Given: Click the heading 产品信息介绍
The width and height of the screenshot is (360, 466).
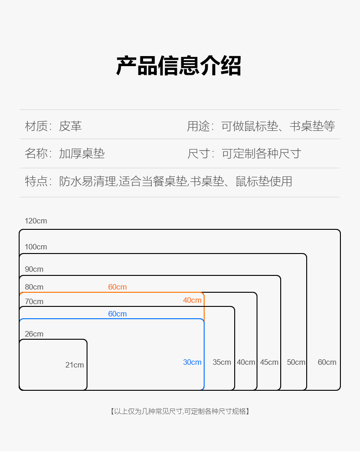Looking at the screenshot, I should [x=179, y=66].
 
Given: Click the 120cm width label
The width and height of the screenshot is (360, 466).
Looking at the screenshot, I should [x=36, y=221].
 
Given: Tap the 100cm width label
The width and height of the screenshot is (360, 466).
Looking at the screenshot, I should [x=36, y=247].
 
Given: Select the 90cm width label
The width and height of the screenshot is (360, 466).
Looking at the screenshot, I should [x=34, y=269].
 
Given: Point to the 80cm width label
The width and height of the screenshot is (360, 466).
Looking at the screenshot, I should [x=34, y=287].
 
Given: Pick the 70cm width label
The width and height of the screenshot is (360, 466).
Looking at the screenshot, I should [x=34, y=302].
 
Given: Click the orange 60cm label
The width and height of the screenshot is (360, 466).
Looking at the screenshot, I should [x=118, y=287].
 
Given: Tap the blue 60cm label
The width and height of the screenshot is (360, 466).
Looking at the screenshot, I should [x=118, y=314].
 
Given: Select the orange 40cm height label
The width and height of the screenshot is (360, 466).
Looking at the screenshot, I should [x=192, y=300].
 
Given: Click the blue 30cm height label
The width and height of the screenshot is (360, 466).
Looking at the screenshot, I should [x=192, y=362].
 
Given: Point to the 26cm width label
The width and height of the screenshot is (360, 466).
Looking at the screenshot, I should [x=34, y=334].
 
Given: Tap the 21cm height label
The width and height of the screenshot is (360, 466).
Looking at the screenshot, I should [x=75, y=365].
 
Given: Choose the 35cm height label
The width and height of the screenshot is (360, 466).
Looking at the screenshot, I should [x=222, y=362].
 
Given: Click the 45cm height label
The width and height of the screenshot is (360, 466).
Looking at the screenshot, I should [x=269, y=362].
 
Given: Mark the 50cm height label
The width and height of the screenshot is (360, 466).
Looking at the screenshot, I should [x=296, y=362].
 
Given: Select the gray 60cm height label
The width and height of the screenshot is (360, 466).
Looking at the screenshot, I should [x=327, y=362].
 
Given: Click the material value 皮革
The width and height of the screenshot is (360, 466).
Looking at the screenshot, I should [x=70, y=126].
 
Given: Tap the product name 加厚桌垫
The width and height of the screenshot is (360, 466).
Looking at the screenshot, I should [x=82, y=154].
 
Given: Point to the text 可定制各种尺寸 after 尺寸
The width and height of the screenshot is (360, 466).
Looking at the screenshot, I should [x=262, y=154].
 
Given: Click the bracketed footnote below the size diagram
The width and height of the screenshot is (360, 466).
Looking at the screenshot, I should [x=180, y=411].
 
